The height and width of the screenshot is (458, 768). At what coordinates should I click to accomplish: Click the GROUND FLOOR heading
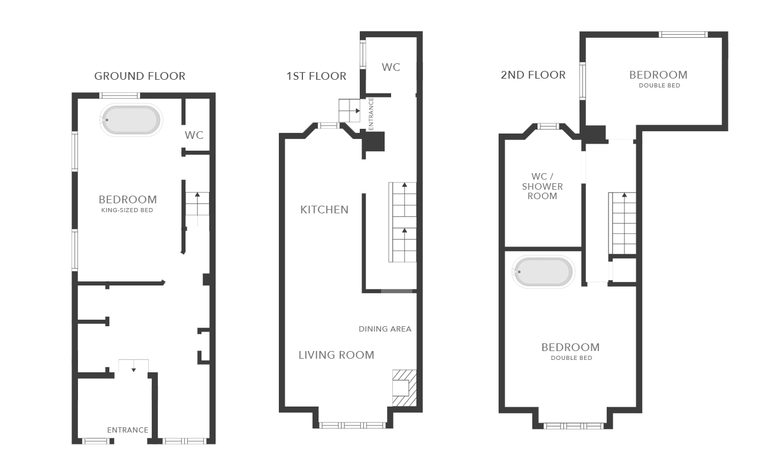pyautogui.click(x=139, y=76)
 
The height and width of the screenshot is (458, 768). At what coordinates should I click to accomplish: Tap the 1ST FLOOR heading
pyautogui.click(x=316, y=76)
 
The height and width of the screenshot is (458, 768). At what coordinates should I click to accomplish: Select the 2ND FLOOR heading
pyautogui.click(x=533, y=75)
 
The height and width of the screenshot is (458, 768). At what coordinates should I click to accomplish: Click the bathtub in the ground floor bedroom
pyautogui.click(x=131, y=121)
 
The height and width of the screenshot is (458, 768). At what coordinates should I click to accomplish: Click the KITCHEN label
pyautogui.click(x=324, y=210)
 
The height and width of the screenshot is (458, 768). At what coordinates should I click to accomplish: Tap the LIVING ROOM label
pyautogui.click(x=336, y=355)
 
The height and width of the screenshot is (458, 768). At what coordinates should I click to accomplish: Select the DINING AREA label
pyautogui.click(x=385, y=329)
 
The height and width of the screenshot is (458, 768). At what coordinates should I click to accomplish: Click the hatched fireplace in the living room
pyautogui.click(x=405, y=388)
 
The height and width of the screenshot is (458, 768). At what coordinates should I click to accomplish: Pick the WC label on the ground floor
pyautogui.click(x=194, y=135)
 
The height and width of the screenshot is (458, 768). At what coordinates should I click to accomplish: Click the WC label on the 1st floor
pyautogui.click(x=390, y=67)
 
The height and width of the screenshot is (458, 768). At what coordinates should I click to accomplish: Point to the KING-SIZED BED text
pyautogui.click(x=127, y=210)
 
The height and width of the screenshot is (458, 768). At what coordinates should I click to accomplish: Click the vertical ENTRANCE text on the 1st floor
pyautogui.click(x=371, y=113)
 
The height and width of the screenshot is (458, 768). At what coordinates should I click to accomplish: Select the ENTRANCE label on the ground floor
pyautogui.click(x=128, y=430)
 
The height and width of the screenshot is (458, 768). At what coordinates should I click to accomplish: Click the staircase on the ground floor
pyautogui.click(x=197, y=209)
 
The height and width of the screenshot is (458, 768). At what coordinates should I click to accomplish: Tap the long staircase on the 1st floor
pyautogui.click(x=402, y=222)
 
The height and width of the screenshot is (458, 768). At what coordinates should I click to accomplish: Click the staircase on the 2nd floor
pyautogui.click(x=623, y=223)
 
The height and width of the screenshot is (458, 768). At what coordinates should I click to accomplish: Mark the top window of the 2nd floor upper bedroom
pyautogui.click(x=683, y=34)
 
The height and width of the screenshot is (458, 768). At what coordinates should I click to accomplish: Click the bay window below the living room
pyautogui.click(x=352, y=425)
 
